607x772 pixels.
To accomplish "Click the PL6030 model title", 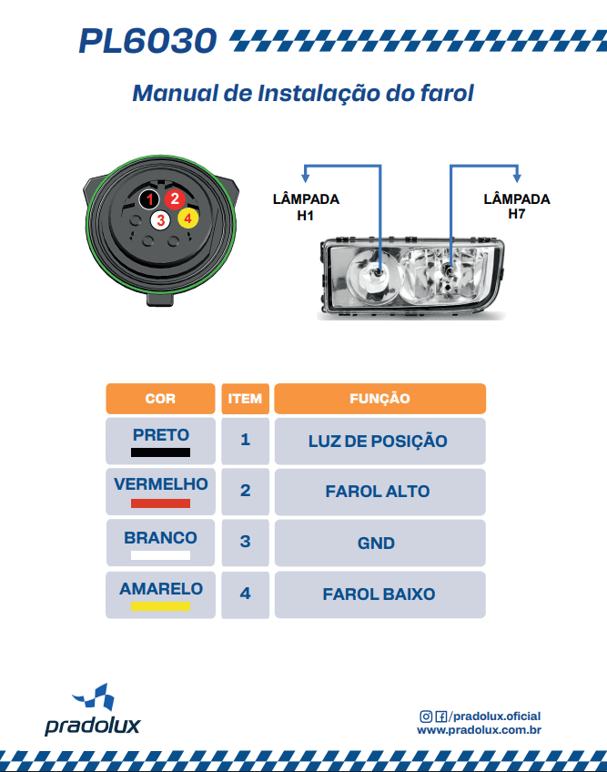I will tap(147, 41).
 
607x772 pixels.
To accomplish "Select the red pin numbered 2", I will tap(176, 198).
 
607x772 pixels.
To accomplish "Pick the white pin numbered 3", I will tap(160, 219).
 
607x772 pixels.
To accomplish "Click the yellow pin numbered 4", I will tap(187, 218).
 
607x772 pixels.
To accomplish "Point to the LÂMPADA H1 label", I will tap(306, 208).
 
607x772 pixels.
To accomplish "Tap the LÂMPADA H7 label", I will tap(517, 206).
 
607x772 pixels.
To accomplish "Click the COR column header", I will tap(160, 399).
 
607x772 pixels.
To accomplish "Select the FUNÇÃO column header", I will tap(379, 399).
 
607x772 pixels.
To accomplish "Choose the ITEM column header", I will tap(245, 399).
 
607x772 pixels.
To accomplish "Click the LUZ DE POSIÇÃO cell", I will tap(379, 442).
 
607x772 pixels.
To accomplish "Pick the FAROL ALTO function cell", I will tap(378, 492).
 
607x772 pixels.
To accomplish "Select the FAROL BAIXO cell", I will tap(379, 594).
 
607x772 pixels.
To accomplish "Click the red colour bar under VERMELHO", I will tap(160, 503).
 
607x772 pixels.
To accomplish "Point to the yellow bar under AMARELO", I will tap(160, 606).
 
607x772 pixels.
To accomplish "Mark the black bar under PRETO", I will tap(160, 452).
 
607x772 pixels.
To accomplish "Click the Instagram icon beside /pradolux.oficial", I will tap(426, 716).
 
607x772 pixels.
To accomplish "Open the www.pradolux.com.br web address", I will tap(480, 730).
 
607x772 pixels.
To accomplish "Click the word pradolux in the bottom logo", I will tap(93, 726).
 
